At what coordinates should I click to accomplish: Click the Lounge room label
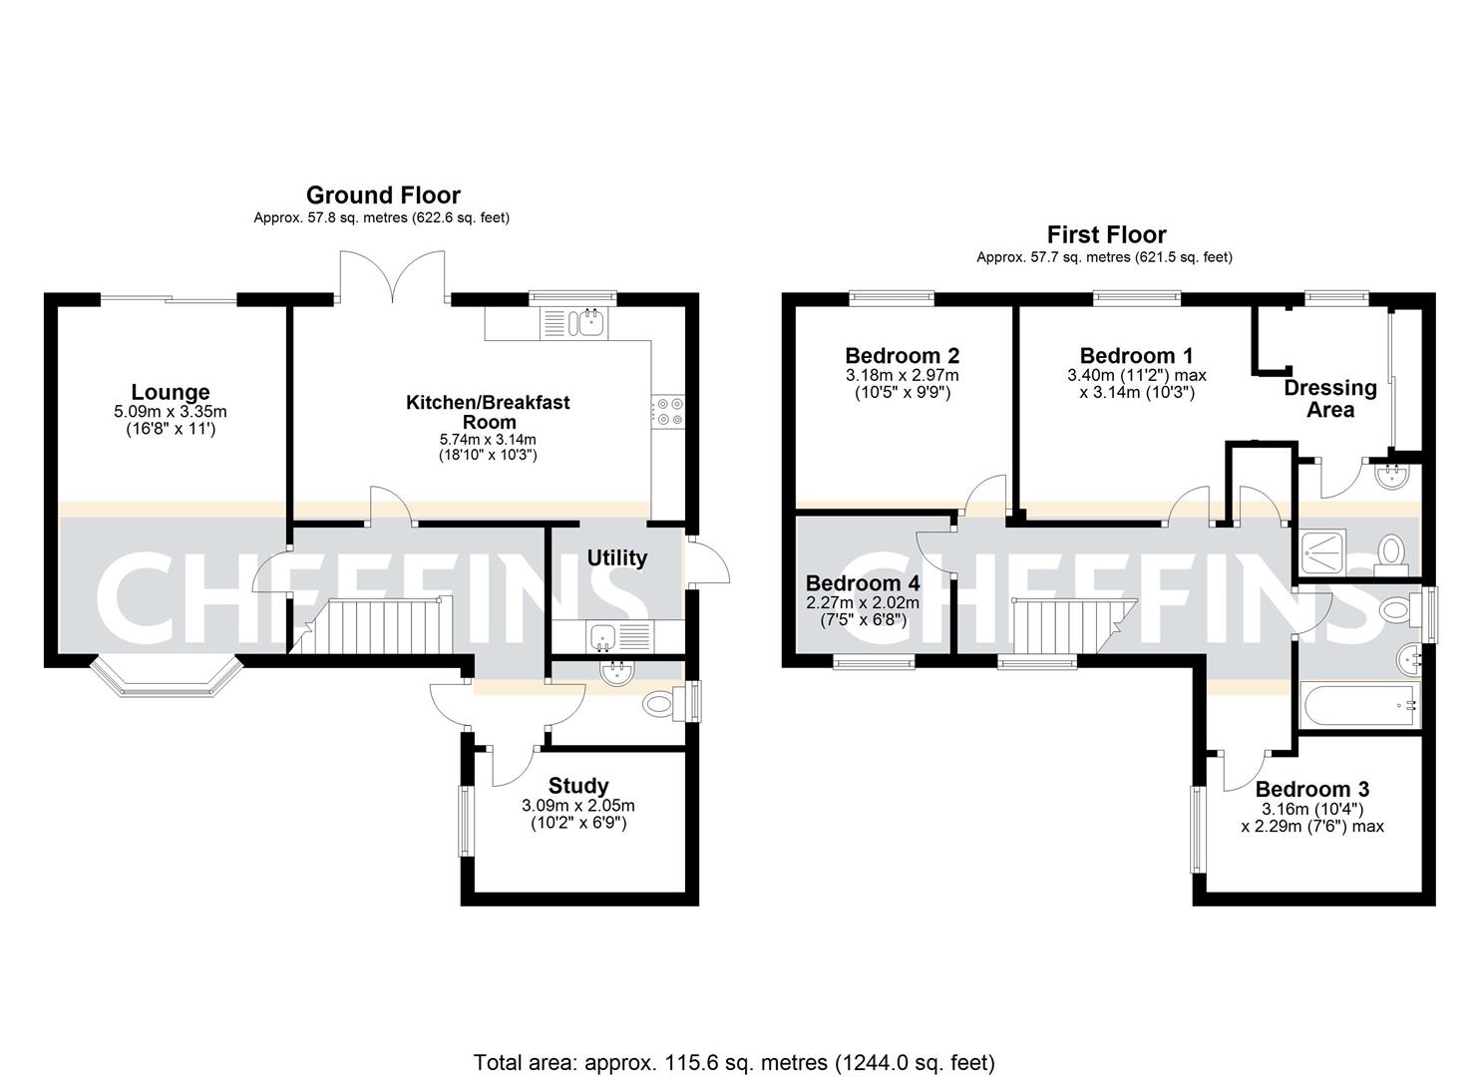(x=171, y=392)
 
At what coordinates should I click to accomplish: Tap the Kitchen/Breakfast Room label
(x=488, y=412)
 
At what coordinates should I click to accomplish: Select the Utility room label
(x=616, y=557)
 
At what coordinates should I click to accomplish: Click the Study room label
(x=578, y=786)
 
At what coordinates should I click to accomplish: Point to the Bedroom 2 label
(x=902, y=355)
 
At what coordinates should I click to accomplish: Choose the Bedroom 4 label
(x=863, y=582)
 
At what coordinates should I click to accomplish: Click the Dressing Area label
(x=1330, y=398)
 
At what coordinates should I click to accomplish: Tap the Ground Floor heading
(x=383, y=194)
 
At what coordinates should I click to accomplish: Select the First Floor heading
(x=1106, y=234)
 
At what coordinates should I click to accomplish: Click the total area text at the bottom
(x=734, y=1062)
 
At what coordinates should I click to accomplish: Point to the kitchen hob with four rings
(x=667, y=411)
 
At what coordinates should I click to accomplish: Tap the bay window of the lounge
(x=168, y=678)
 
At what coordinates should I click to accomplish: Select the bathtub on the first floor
(x=1358, y=707)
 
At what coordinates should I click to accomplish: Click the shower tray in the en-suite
(x=1323, y=551)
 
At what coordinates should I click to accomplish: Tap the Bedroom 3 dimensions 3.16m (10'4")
(x=1311, y=809)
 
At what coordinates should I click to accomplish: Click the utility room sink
(x=603, y=634)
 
